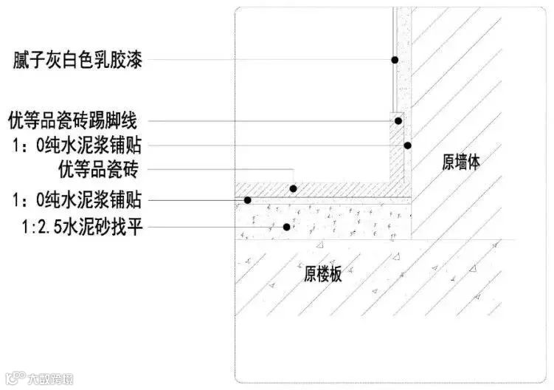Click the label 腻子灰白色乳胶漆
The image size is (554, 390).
point(77,60)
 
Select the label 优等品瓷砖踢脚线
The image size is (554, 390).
point(77,120)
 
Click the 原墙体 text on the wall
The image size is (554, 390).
point(461,163)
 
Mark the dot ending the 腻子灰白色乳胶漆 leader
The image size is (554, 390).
point(395,60)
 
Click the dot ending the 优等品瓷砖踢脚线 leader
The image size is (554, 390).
point(398,120)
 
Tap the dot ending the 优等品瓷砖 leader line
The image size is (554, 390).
point(293,189)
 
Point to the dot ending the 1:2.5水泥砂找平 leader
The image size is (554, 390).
point(286,227)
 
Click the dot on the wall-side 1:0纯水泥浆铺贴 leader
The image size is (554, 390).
point(406,146)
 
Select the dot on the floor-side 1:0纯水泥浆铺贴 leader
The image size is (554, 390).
point(249,199)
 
